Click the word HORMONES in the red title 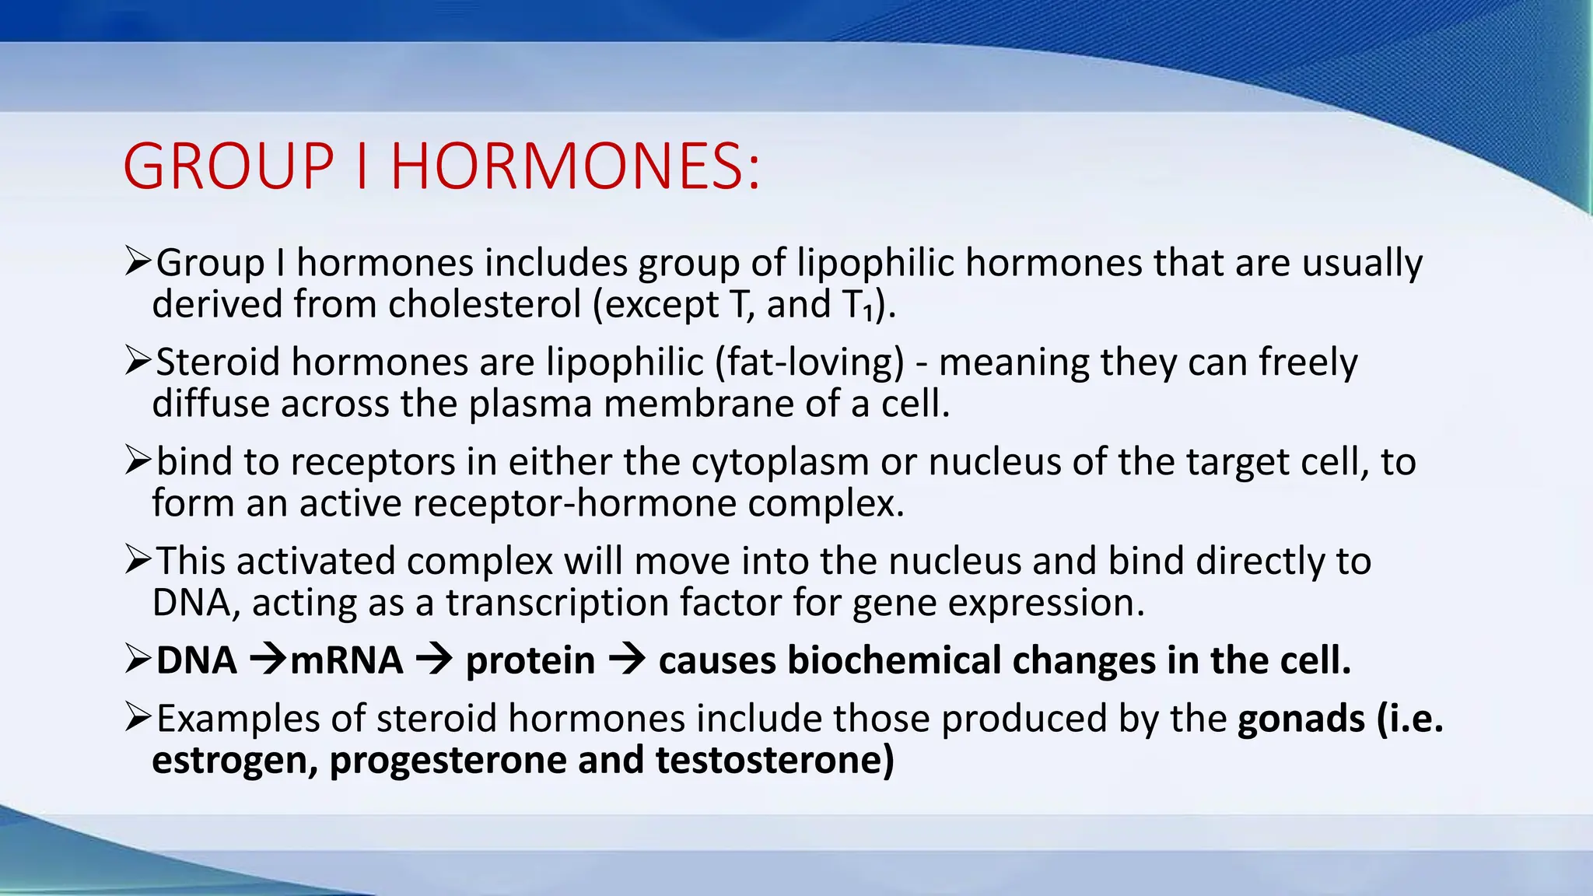(574, 166)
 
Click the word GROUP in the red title (228, 166)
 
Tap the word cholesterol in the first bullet (485, 304)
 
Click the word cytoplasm (779, 462)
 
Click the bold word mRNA (346, 661)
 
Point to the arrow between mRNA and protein (434, 661)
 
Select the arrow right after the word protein (627, 661)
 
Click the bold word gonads (1301, 719)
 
